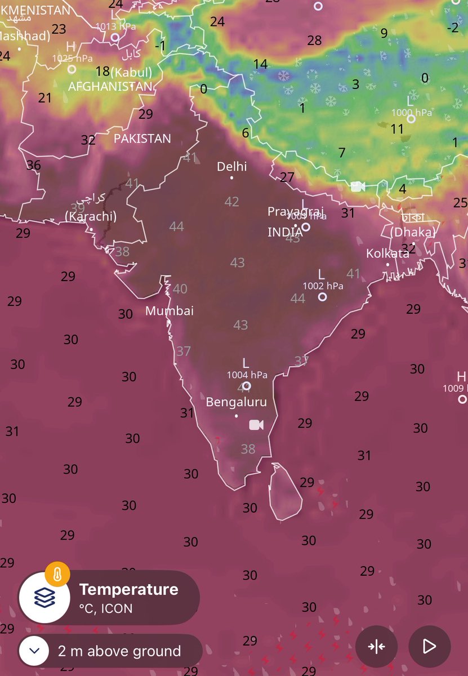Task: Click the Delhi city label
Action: click(x=232, y=167)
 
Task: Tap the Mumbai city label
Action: click(x=170, y=311)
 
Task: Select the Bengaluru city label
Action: click(x=237, y=402)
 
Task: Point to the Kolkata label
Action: click(x=387, y=253)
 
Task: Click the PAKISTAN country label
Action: click(x=142, y=139)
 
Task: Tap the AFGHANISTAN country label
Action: click(x=110, y=87)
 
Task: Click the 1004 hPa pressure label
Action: click(x=247, y=375)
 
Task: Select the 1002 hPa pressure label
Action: click(x=323, y=286)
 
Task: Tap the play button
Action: click(x=429, y=646)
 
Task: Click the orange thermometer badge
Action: click(x=57, y=575)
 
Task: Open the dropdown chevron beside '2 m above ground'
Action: click(x=34, y=651)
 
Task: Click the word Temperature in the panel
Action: click(x=128, y=590)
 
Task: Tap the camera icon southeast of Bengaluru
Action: click(x=256, y=425)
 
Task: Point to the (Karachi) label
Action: click(x=91, y=217)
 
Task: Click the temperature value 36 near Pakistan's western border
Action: click(x=34, y=165)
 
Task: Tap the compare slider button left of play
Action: click(x=376, y=646)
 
